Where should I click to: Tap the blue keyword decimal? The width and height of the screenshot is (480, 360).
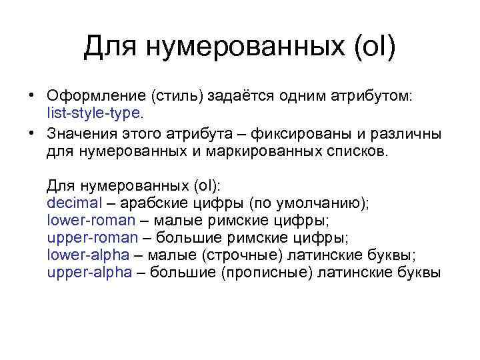tap(71, 203)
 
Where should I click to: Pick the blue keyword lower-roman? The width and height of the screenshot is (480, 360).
tap(91, 220)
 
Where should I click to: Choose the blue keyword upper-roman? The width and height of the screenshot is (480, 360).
tap(93, 237)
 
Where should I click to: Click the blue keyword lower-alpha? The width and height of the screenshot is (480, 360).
tap(89, 255)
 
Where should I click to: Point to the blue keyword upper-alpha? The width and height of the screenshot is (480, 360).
tap(90, 272)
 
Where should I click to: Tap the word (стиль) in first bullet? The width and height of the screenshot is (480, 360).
tap(178, 97)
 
